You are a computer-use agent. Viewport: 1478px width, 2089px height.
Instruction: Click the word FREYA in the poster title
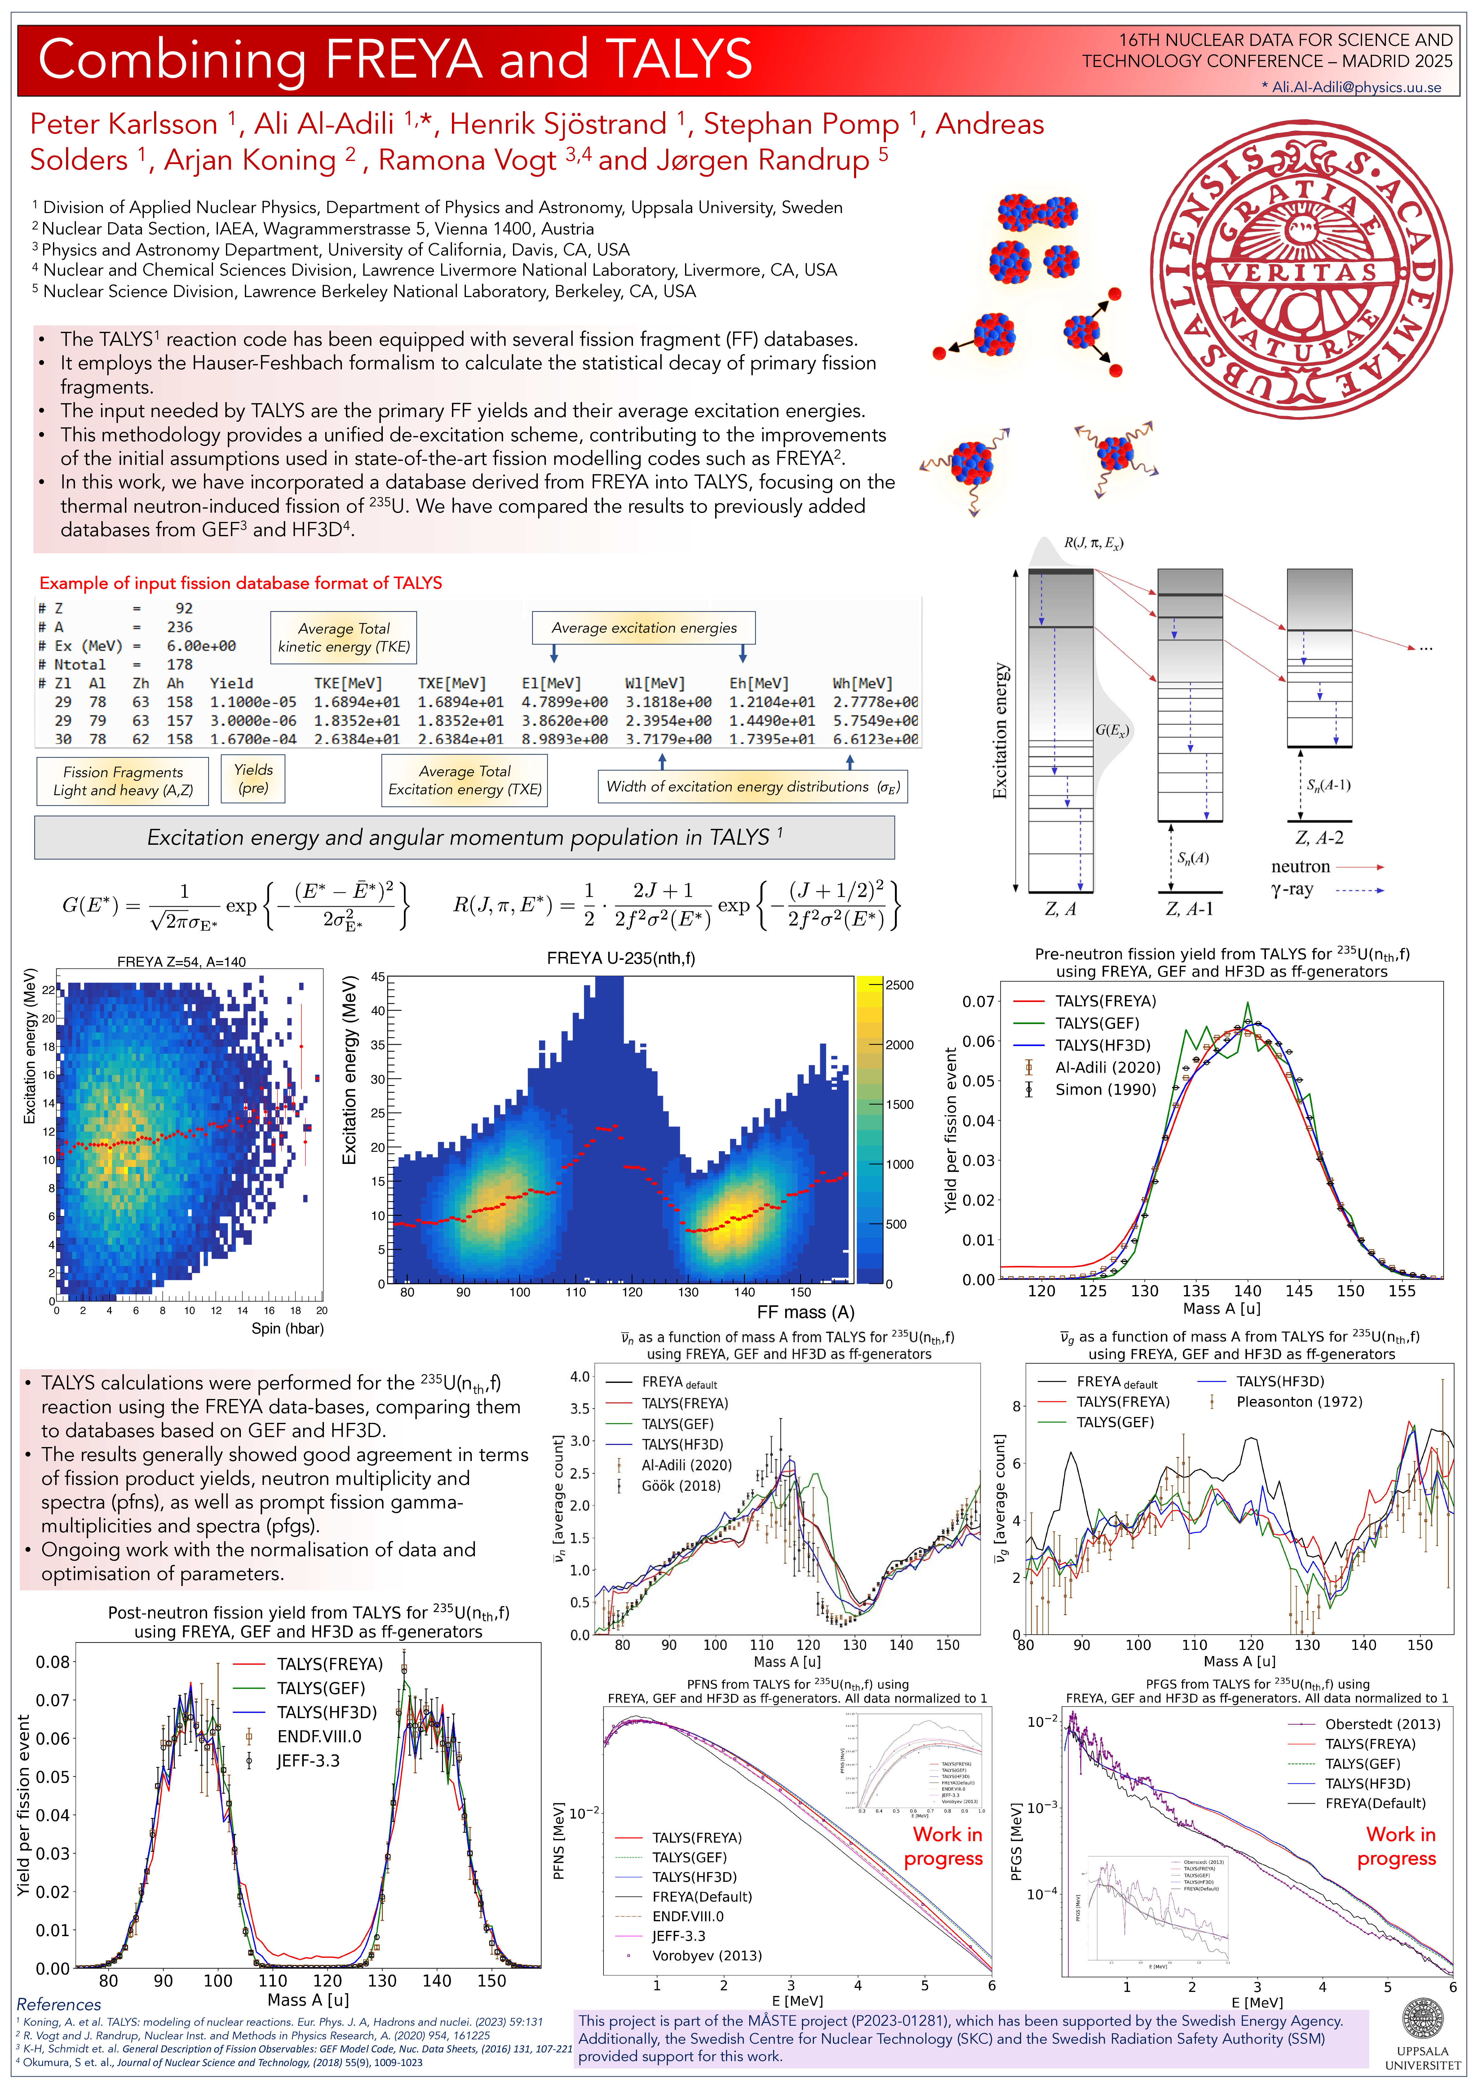point(403,60)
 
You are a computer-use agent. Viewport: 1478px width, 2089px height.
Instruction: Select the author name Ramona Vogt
point(467,160)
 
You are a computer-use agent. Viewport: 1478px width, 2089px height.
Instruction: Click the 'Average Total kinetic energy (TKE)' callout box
point(344,637)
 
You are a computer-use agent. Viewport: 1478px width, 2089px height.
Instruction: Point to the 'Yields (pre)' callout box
point(253,779)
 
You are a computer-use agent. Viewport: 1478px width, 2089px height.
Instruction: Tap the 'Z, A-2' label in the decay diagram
point(1319,837)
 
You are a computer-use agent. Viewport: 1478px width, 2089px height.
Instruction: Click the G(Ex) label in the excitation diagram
point(1111,730)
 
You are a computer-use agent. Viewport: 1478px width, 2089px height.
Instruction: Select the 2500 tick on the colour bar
point(899,985)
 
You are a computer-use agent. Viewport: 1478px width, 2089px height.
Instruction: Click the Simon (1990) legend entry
point(1105,1089)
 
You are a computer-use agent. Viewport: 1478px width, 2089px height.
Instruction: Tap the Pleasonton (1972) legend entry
point(1299,1402)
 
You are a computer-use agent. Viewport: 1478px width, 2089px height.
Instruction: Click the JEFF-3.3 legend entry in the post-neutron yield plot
point(308,1760)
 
